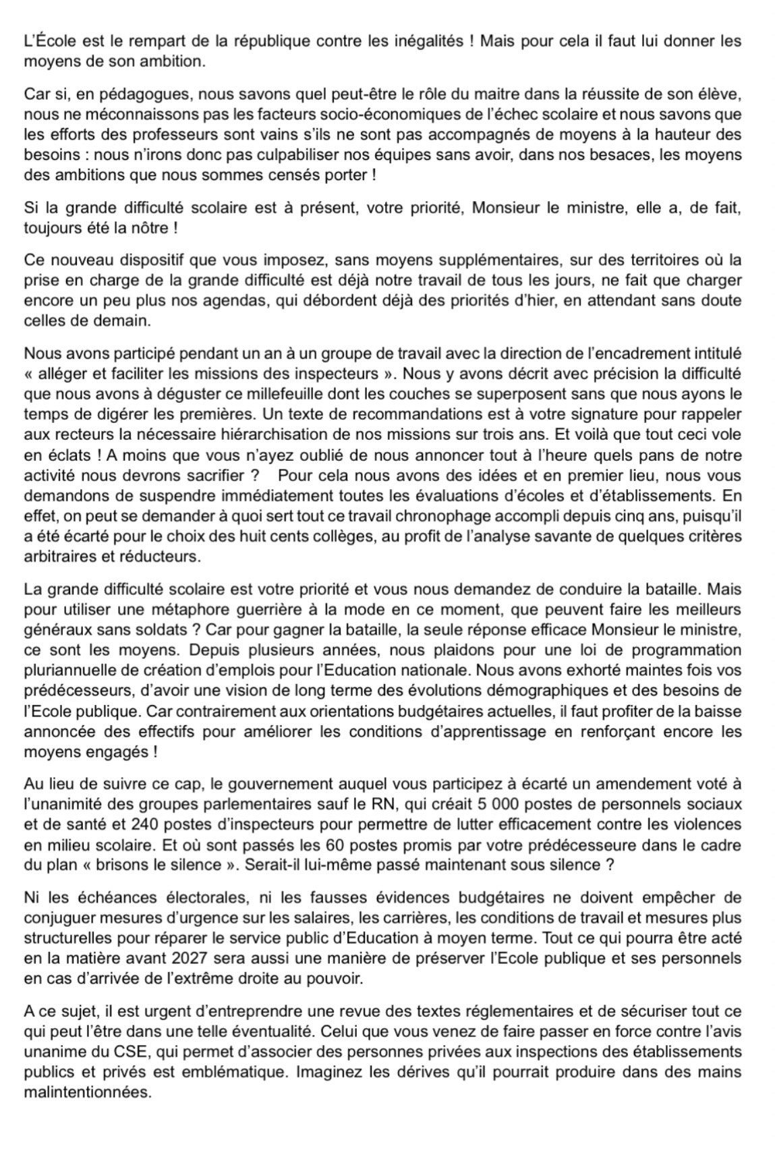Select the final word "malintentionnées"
coord(87,1092)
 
